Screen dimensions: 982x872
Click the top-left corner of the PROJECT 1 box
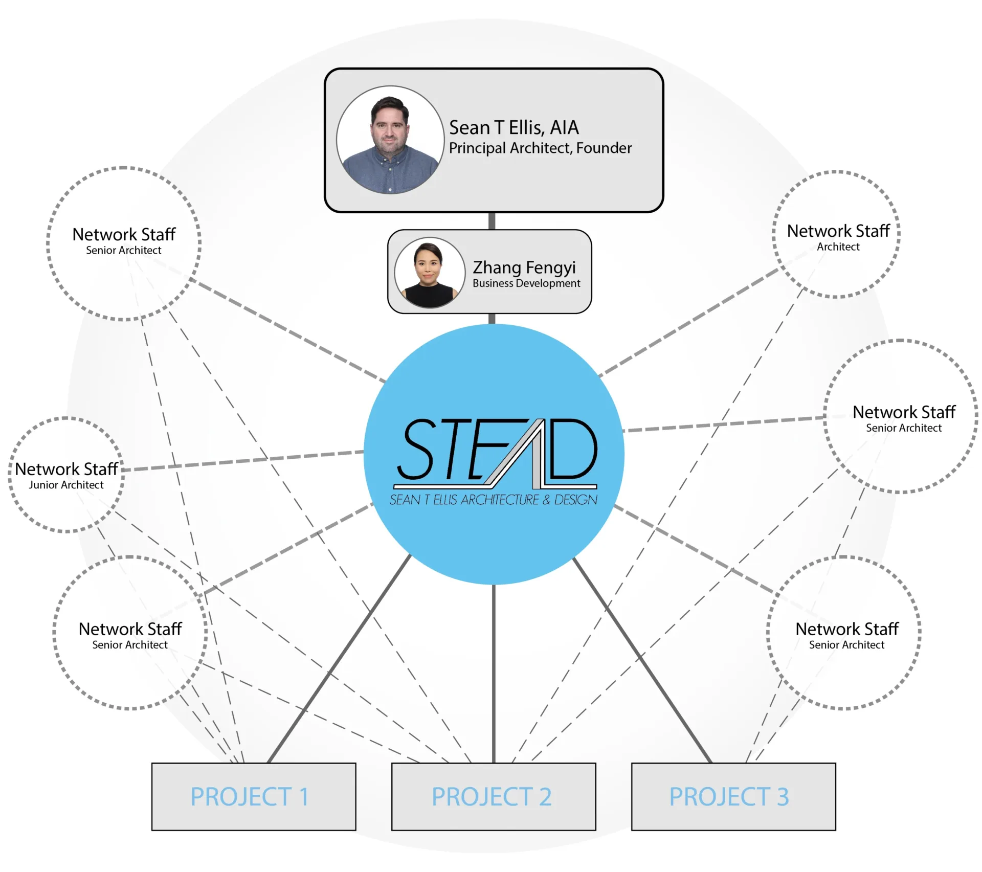pos(152,763)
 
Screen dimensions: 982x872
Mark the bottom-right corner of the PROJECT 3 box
pos(836,830)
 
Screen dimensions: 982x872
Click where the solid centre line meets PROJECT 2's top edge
pos(494,763)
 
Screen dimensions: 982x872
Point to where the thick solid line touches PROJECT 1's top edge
pos(269,763)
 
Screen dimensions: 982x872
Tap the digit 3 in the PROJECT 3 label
pos(783,797)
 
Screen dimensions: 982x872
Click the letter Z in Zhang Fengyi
pos(479,267)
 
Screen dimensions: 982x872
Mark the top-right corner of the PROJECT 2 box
pos(596,763)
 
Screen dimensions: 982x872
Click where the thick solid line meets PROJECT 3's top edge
pos(711,763)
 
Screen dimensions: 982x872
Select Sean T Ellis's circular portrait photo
pos(390,140)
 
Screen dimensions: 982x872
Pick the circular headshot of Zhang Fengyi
pos(430,273)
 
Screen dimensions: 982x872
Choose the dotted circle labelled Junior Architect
pos(66,475)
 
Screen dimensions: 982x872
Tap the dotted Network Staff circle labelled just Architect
pos(836,234)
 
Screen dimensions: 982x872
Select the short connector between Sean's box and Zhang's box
pos(492,221)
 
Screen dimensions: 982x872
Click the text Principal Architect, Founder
pos(540,148)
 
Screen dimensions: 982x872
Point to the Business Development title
pos(526,283)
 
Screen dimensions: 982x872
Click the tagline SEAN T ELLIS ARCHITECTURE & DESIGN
pos(494,500)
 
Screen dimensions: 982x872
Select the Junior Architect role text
pos(66,485)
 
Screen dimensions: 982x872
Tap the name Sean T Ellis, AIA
pos(514,127)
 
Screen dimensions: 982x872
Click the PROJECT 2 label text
pos(492,797)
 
